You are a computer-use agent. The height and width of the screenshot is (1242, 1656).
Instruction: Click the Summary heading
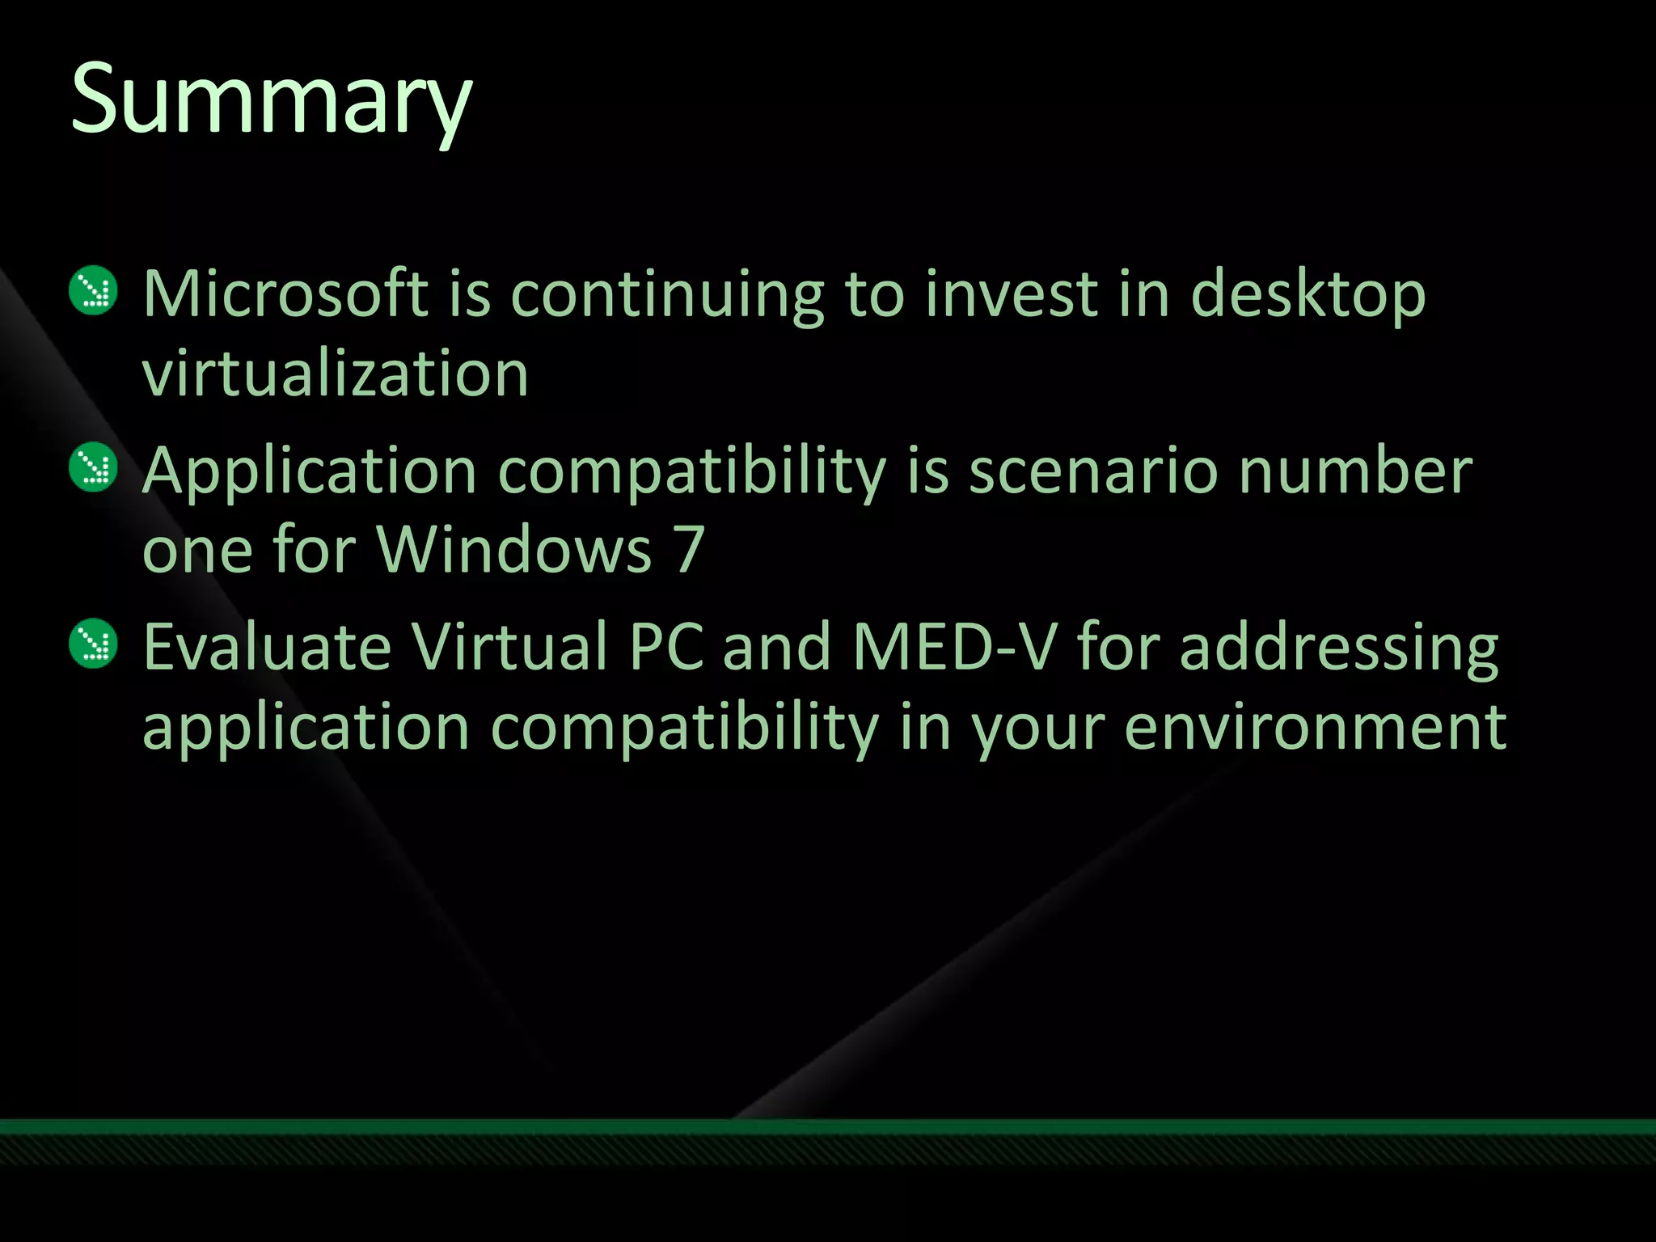coord(272,101)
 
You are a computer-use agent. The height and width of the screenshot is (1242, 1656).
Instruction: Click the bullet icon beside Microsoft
coord(94,290)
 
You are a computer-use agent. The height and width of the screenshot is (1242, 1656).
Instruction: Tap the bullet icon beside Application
coord(94,467)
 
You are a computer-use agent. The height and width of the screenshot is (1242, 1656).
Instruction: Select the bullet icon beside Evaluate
coord(94,643)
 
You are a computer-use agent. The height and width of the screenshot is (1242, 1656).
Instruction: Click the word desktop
coord(1308,295)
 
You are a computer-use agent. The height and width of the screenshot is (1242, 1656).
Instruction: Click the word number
coord(1355,471)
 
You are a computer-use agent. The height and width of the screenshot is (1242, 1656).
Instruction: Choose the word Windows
coord(515,550)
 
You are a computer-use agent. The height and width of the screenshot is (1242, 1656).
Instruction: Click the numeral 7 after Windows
coord(690,550)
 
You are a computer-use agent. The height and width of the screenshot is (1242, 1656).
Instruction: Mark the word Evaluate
coord(268,647)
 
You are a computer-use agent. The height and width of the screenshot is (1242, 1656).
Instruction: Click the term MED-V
coord(955,647)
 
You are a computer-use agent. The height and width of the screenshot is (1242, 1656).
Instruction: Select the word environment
coord(1316,727)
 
